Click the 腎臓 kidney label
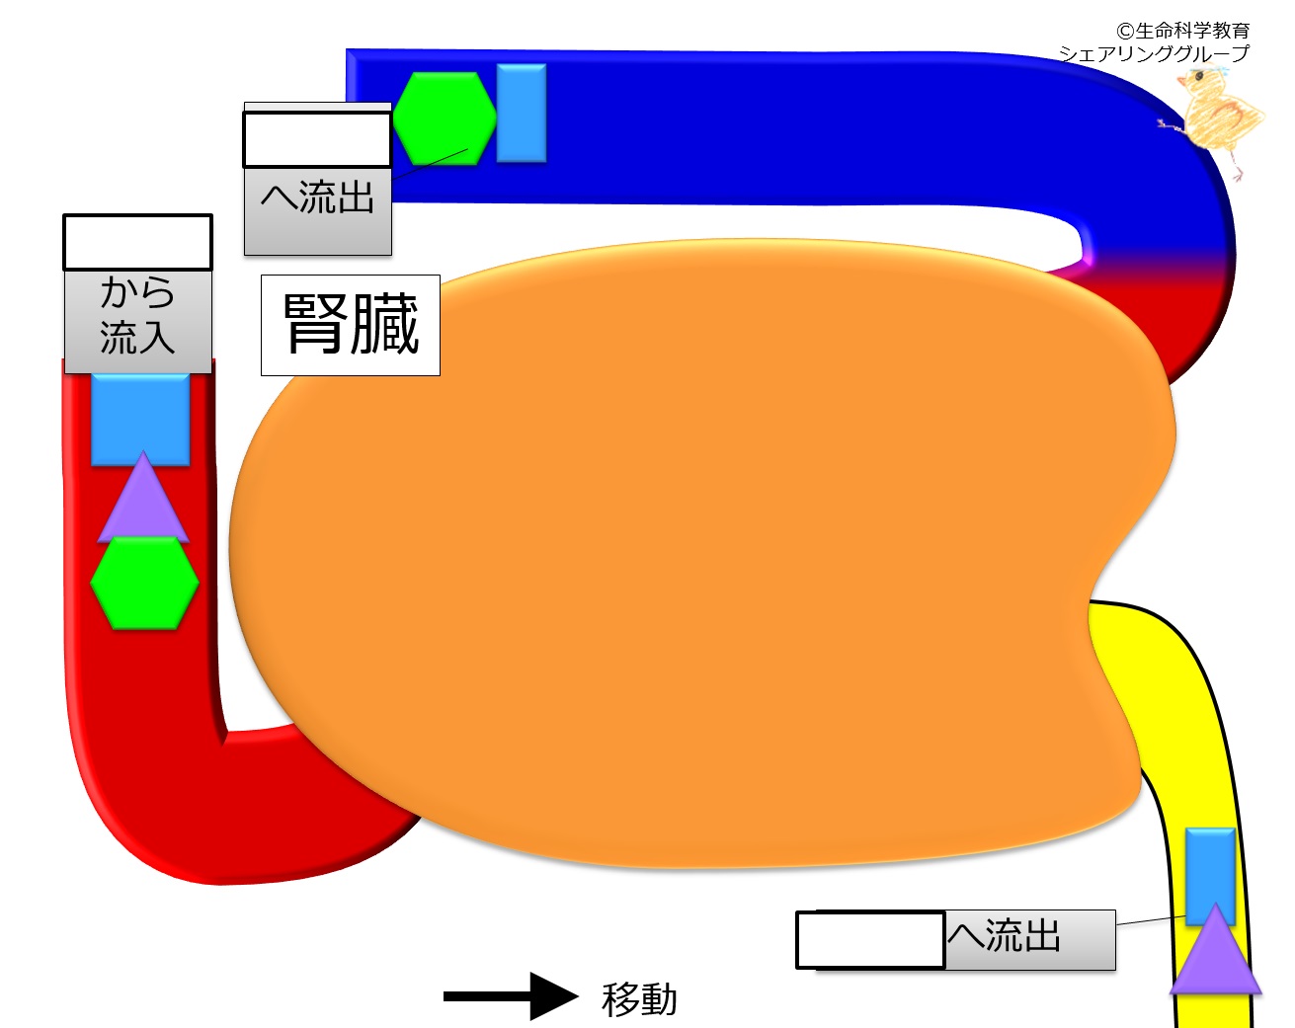(351, 325)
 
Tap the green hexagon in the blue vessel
(445, 119)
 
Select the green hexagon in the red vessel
(144, 583)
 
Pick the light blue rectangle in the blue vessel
(522, 114)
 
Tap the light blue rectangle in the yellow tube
(1210, 875)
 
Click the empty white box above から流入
(138, 242)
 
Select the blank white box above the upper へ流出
(317, 139)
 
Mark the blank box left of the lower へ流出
(870, 939)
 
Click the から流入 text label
(138, 315)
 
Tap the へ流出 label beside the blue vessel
(318, 197)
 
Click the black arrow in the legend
(511, 996)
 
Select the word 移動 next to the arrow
(639, 999)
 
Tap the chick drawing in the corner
(1216, 120)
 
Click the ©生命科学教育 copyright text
(1183, 30)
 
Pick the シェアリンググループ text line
(1154, 53)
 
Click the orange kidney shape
(692, 553)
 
